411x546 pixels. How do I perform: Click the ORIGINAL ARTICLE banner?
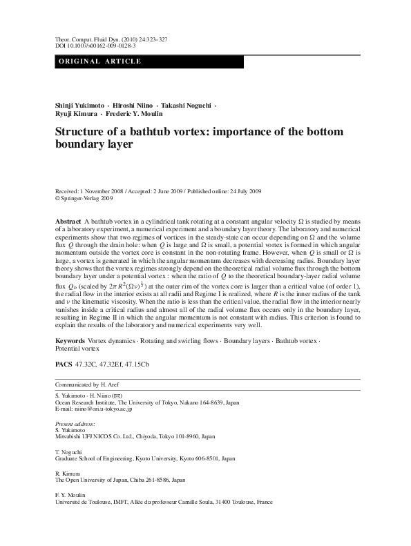(101, 61)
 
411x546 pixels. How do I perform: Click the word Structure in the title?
(82, 132)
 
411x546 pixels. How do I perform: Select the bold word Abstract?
(68, 219)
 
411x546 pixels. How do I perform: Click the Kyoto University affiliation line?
(144, 458)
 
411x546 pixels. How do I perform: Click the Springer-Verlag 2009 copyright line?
(83, 197)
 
